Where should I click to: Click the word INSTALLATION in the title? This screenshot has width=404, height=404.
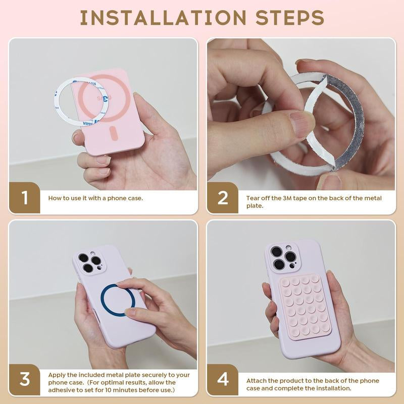click(x=163, y=18)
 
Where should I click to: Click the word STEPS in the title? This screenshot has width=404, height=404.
click(x=289, y=18)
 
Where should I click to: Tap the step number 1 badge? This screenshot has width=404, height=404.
click(x=24, y=198)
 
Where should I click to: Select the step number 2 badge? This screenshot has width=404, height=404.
click(x=223, y=198)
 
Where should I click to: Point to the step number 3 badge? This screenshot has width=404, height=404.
click(x=24, y=379)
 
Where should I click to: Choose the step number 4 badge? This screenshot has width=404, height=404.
click(x=223, y=379)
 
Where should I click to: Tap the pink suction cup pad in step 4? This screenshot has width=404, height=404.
click(x=305, y=307)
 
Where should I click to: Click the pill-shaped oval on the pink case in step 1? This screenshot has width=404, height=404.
click(x=114, y=133)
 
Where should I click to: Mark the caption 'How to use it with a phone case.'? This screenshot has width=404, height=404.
click(x=95, y=198)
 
